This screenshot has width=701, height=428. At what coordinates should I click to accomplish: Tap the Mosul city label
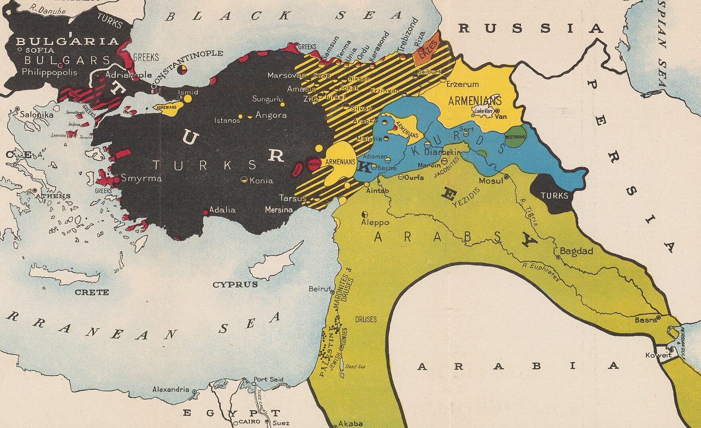click(x=491, y=181)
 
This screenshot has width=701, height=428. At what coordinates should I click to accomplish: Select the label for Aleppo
click(x=375, y=222)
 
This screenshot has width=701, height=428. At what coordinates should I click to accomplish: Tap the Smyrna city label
click(x=141, y=178)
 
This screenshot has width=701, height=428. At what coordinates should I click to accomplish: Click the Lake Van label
click(x=483, y=112)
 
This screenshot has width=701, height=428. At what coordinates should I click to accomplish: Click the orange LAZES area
click(x=426, y=52)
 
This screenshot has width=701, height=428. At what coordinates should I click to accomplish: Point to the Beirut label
click(x=319, y=289)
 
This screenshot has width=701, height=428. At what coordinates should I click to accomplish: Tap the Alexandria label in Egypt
click(x=171, y=389)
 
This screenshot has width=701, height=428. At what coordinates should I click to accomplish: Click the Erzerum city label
click(x=462, y=84)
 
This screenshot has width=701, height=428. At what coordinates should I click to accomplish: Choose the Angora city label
click(x=271, y=115)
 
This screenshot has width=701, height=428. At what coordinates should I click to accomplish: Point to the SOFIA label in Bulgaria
click(x=37, y=50)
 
